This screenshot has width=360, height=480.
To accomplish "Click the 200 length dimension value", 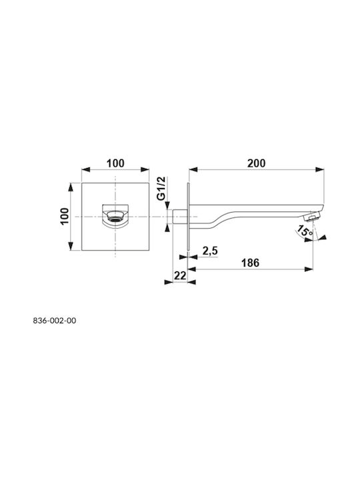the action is click(x=256, y=163).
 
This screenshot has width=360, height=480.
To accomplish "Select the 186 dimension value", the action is click(x=250, y=263).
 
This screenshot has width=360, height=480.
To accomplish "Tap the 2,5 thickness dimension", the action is click(x=210, y=251).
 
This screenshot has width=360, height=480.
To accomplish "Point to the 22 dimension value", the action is click(x=180, y=276).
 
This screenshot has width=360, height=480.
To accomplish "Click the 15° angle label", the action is click(x=304, y=230).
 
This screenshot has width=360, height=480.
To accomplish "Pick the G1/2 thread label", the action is click(x=161, y=188).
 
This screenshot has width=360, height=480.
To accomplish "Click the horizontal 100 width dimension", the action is click(x=115, y=163).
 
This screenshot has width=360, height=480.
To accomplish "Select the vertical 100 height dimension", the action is click(x=64, y=216).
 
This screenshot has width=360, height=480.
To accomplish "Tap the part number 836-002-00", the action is click(x=55, y=321).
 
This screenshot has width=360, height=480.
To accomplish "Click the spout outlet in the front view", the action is click(x=115, y=217).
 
